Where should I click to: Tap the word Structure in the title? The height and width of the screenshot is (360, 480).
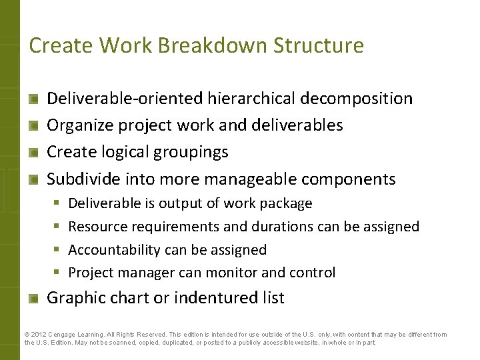324,46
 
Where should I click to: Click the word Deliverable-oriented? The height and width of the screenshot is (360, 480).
125,99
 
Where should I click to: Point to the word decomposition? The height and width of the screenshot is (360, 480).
357,99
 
